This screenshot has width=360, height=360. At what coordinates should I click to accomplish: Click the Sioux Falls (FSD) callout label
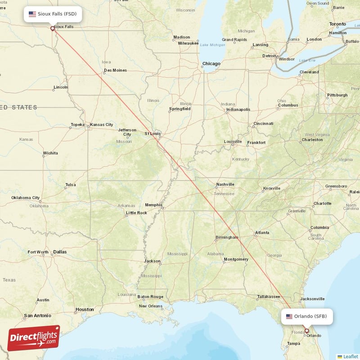[53, 14]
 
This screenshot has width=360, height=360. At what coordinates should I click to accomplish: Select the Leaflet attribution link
[351, 356]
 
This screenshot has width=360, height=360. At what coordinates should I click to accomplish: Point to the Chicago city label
[211, 64]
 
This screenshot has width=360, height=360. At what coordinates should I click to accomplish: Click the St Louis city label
[153, 134]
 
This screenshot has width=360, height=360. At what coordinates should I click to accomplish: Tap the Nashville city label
[225, 184]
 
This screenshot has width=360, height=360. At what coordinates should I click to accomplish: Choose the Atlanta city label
[262, 233]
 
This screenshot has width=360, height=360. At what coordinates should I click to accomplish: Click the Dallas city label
[60, 252]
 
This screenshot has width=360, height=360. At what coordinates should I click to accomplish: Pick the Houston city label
[85, 310]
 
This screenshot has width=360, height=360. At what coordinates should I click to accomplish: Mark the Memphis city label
[153, 205]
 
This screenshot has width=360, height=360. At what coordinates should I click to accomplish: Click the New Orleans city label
[150, 306]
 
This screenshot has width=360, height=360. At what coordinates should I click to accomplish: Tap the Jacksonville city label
[312, 299]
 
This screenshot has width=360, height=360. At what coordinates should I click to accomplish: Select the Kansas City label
[102, 125]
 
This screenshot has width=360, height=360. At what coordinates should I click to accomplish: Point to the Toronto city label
[337, 24]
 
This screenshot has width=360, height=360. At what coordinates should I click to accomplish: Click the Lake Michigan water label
[212, 45]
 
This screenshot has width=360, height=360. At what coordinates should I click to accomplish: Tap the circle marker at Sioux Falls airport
[53, 28]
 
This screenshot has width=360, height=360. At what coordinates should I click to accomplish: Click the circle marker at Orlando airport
[307, 331]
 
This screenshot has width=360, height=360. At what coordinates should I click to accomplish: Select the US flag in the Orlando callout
[289, 316]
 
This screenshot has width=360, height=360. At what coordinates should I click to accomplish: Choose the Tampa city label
[293, 344]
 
